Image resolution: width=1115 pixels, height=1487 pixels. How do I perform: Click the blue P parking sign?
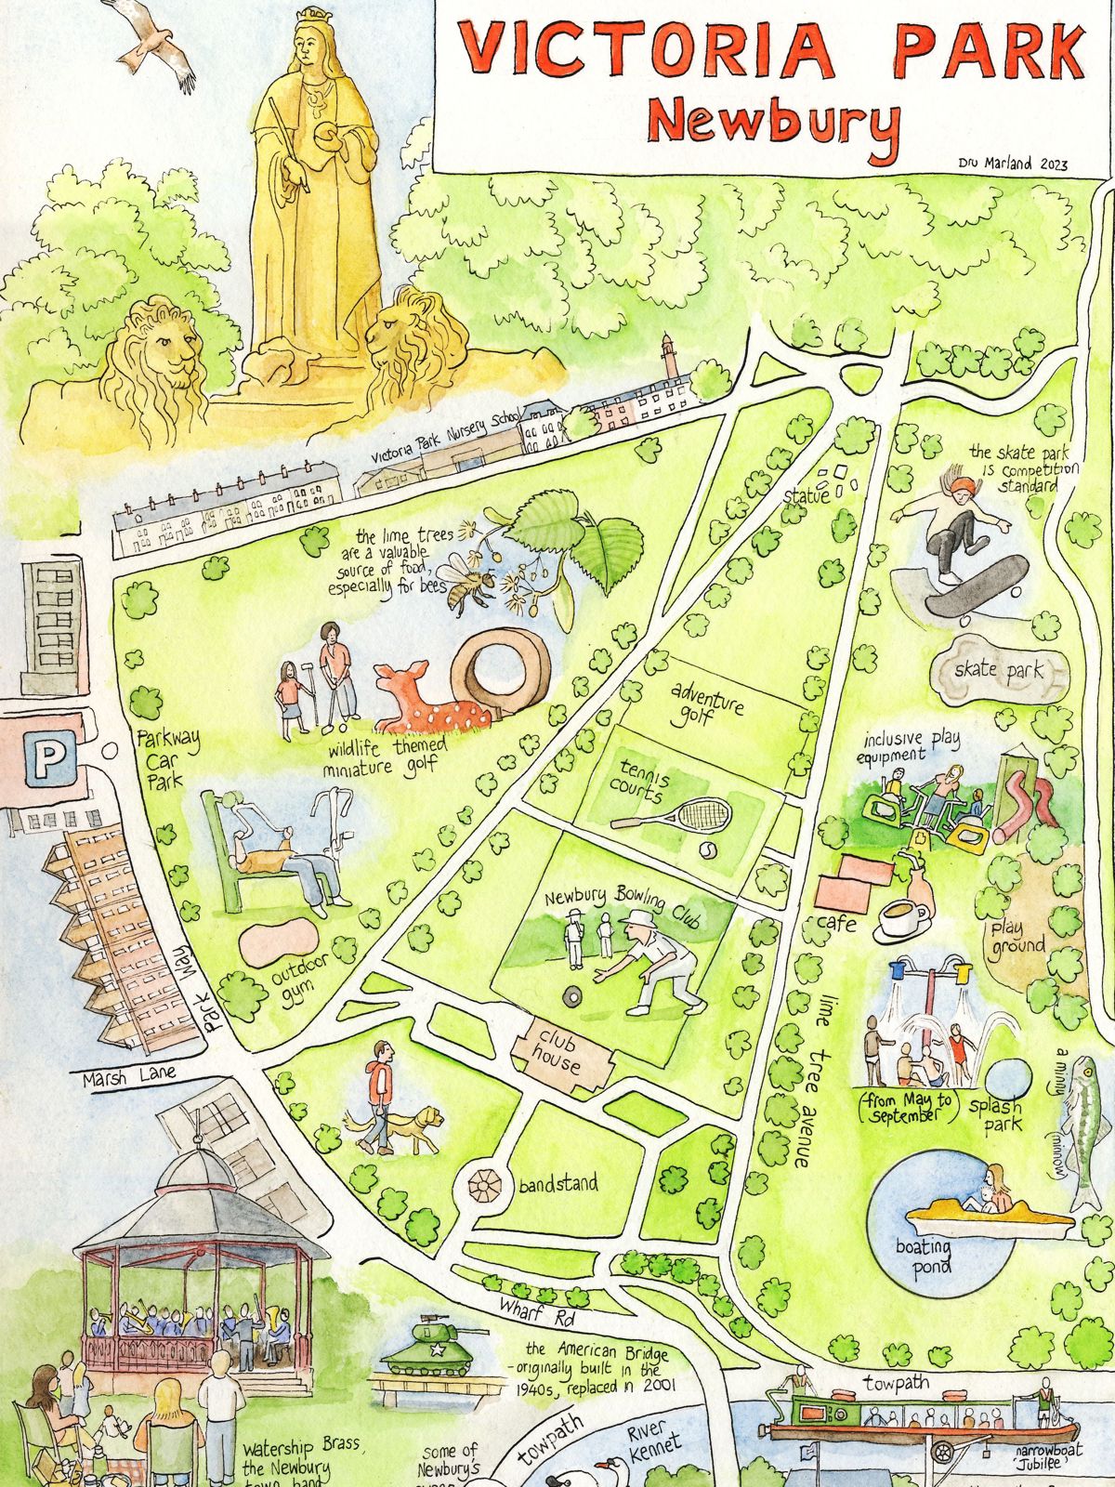45,759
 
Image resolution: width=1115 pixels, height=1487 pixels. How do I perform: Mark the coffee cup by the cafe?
903,918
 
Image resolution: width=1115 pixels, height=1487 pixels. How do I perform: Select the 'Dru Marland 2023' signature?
1013,164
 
